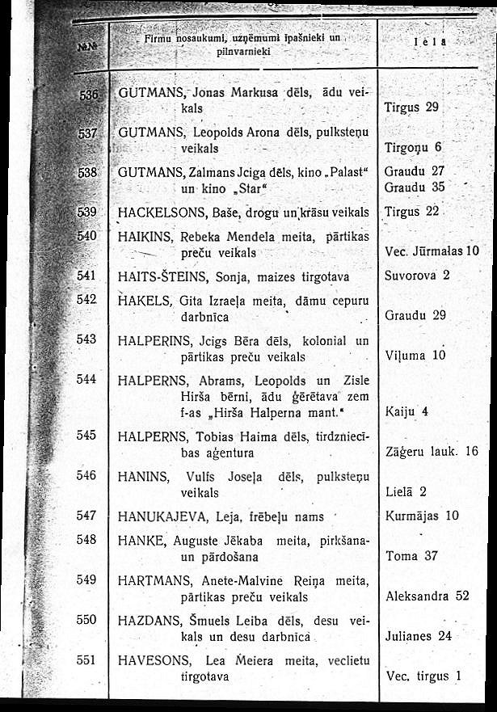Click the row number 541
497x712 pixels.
point(86,276)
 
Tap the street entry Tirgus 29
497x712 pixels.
point(412,107)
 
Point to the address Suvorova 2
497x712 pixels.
point(418,276)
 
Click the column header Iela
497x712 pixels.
point(432,43)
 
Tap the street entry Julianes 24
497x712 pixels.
point(419,635)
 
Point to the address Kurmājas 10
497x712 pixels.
point(423,516)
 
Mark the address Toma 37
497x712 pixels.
point(412,556)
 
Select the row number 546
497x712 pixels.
point(86,477)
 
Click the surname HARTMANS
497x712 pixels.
point(154,580)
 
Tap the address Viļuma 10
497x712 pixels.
point(416,355)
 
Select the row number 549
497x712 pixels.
point(86,579)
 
